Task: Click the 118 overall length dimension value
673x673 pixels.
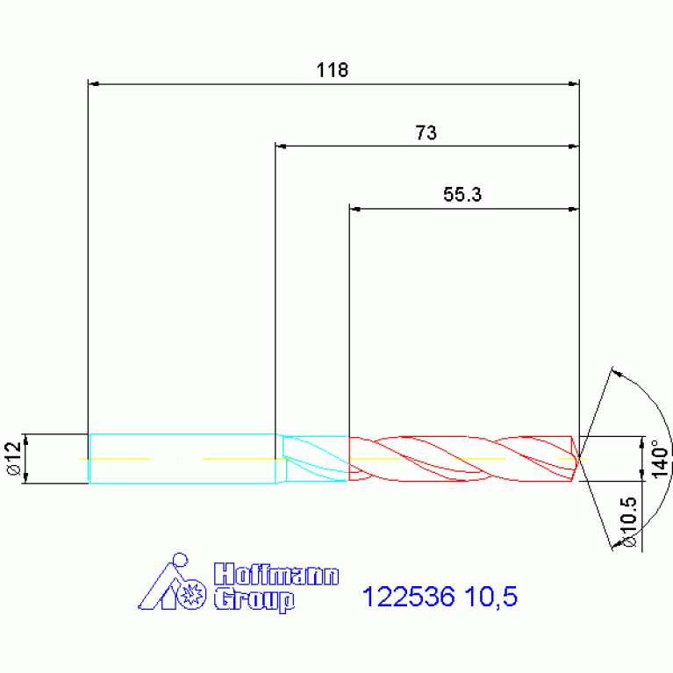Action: pos(333,70)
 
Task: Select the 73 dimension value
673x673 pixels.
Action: pos(426,132)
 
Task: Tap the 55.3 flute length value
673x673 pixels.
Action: pos(462,195)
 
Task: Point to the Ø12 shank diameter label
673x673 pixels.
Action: pos(14,458)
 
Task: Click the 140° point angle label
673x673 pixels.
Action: pos(661,458)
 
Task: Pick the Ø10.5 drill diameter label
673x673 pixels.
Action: pos(628,521)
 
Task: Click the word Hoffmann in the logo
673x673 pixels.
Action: pos(276,574)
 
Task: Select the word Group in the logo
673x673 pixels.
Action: pos(254,599)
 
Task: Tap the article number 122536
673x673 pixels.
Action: pos(408,597)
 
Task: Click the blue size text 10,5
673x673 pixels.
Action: pos(490,597)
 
